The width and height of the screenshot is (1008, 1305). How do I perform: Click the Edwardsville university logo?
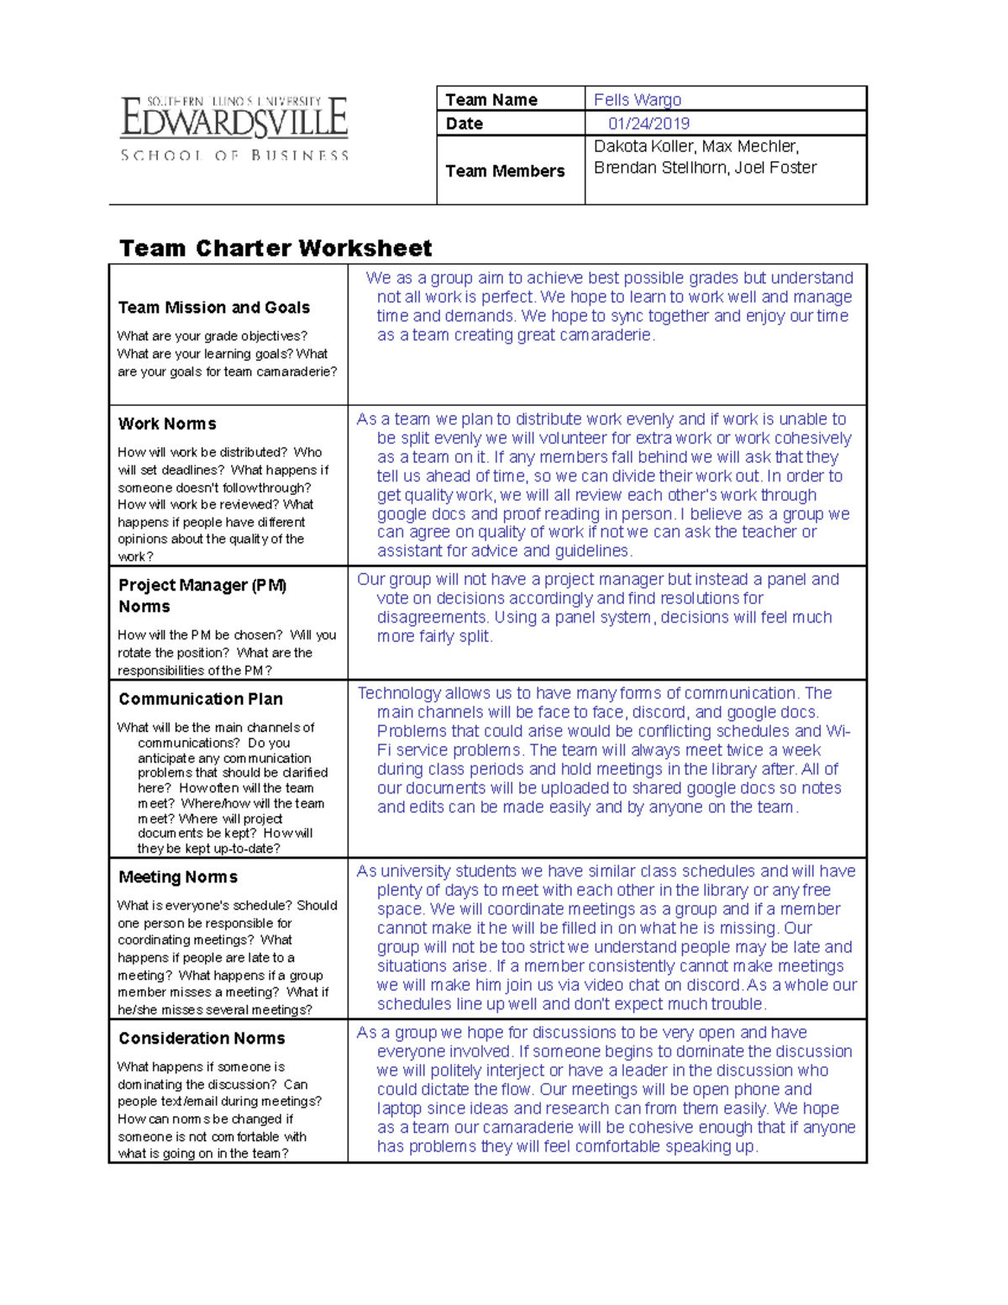234,129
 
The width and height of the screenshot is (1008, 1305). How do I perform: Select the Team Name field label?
491,100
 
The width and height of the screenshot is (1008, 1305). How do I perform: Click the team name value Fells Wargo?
637,100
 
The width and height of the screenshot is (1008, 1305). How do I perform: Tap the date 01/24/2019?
648,124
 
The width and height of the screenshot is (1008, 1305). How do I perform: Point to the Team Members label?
504,171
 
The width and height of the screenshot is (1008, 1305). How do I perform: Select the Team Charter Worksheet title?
276,249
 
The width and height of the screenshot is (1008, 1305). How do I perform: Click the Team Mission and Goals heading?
214,308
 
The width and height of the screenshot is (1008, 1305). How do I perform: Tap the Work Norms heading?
167,424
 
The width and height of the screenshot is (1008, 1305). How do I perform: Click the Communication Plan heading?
201,699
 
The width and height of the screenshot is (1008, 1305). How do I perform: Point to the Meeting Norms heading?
178,877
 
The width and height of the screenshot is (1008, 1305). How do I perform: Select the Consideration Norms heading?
202,1039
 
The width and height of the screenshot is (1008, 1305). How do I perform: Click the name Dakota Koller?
643,146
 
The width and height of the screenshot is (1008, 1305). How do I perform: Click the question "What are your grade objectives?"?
213,336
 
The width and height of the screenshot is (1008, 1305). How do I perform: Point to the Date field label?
464,124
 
